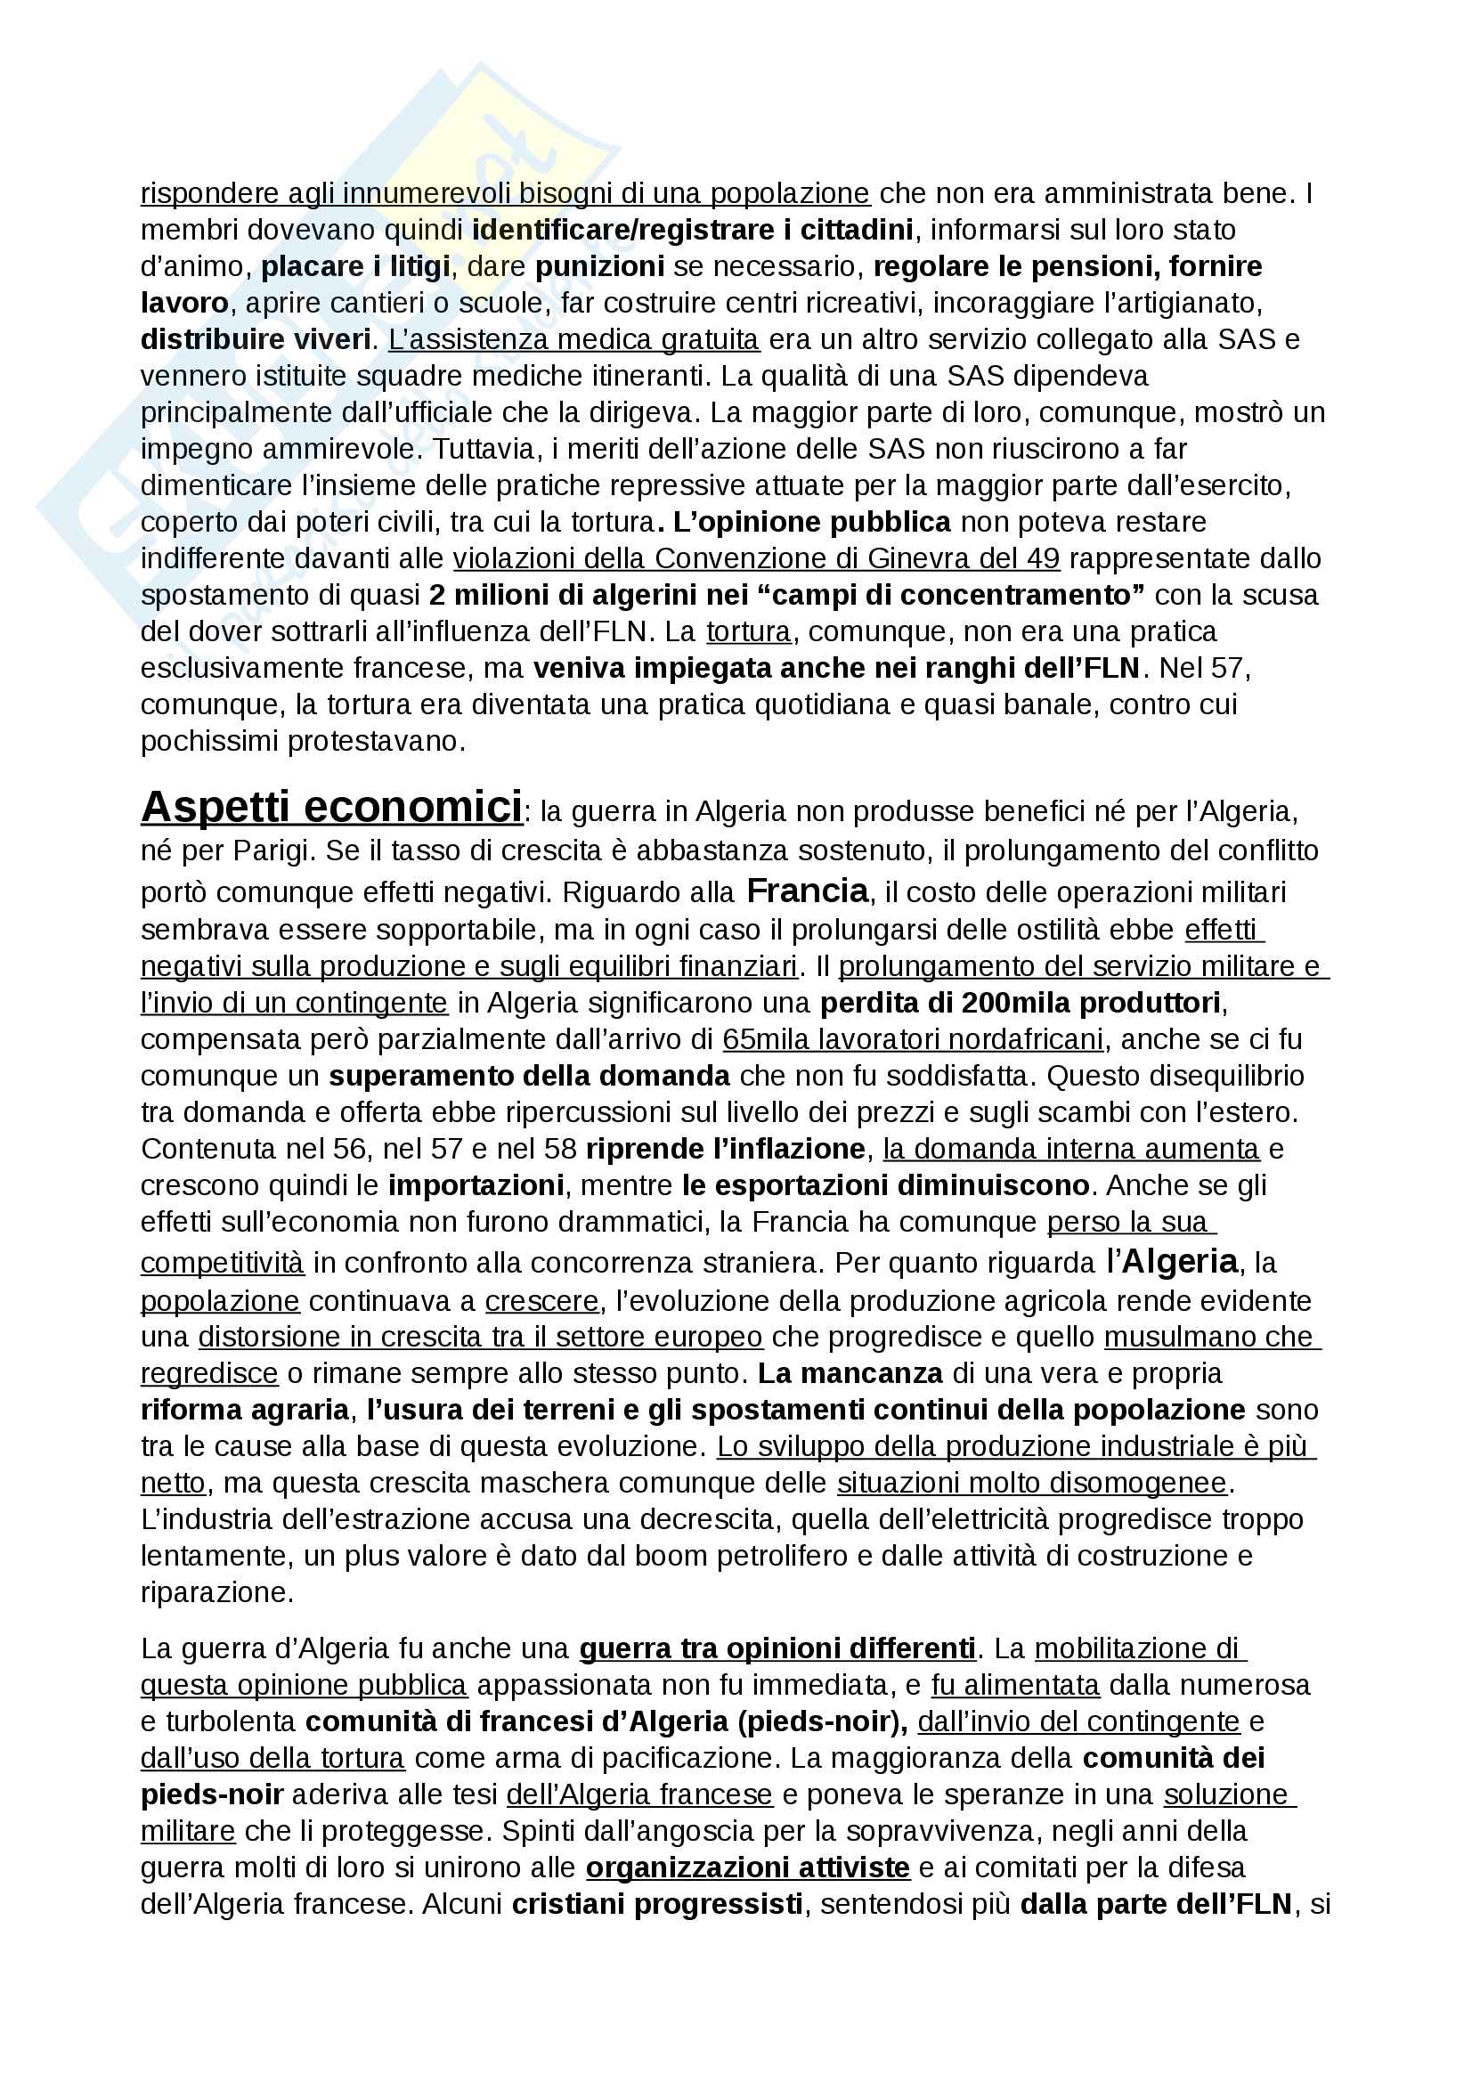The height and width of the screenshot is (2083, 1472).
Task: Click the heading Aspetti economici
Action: click(331, 807)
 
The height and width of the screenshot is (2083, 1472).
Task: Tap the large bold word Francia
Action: click(806, 891)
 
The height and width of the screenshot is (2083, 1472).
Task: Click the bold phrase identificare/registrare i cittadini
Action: click(692, 230)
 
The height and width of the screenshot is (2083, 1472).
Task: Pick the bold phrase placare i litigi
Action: click(355, 267)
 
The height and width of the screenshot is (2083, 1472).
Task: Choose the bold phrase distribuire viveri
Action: click(256, 339)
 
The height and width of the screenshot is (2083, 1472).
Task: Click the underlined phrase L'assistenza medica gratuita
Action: click(573, 339)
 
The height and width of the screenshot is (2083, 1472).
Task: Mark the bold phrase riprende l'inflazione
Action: click(725, 1149)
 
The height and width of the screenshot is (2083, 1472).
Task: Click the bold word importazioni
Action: click(476, 1185)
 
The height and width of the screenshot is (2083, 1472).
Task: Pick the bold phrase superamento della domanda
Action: click(529, 1076)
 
